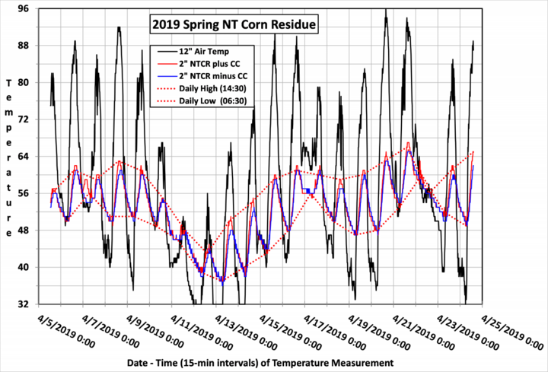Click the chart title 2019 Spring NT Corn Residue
pos(232,25)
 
